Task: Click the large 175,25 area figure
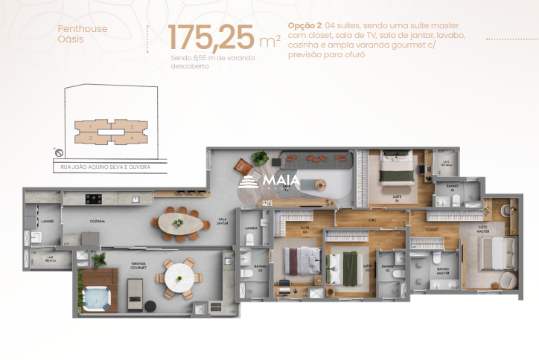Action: click(211, 38)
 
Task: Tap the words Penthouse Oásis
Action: click(82, 34)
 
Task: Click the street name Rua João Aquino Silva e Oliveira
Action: click(106, 167)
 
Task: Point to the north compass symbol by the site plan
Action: click(58, 152)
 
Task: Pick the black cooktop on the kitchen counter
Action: click(95, 199)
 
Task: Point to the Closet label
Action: click(432, 229)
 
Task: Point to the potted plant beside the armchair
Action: click(260, 158)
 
